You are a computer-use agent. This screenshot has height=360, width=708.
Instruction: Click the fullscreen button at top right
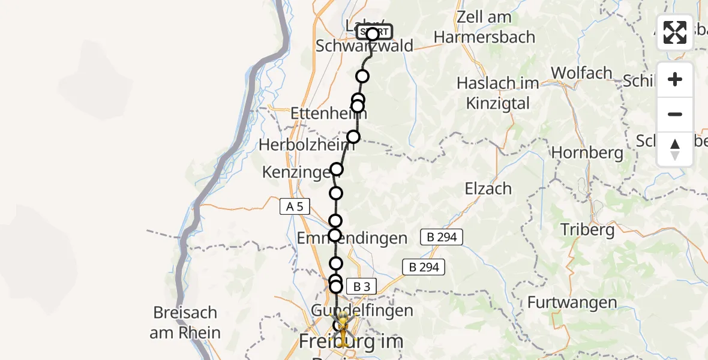pos(675,32)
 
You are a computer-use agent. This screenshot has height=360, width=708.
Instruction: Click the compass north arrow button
pos(675,149)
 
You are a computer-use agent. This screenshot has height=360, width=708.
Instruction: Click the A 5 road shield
pos(295,207)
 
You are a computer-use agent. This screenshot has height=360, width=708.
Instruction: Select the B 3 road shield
pos(361,287)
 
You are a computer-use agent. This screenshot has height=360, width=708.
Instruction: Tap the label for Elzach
pos(488,188)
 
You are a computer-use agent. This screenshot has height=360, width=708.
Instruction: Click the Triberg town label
pos(587,229)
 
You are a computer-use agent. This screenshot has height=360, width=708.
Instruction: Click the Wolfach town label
pos(581,73)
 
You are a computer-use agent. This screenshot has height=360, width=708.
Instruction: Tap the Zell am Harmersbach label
pos(484,27)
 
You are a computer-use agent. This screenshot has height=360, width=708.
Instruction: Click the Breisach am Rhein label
pos(185,323)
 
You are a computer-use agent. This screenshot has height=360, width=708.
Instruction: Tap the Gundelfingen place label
pos(362,310)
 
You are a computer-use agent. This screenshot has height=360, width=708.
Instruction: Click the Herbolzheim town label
pos(304,145)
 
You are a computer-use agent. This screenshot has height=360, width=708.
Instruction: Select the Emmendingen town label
pos(352,238)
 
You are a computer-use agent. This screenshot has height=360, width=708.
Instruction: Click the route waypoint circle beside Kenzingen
pos(337,169)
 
